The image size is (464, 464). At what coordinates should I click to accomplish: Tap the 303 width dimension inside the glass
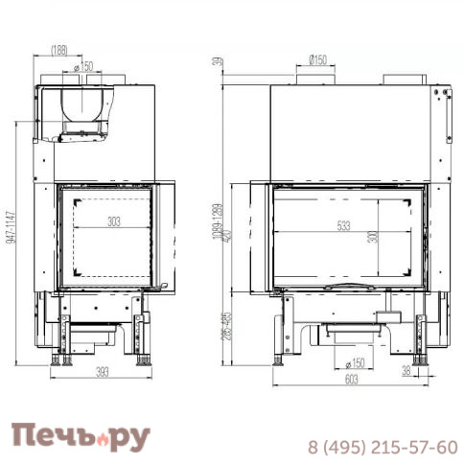[114, 222]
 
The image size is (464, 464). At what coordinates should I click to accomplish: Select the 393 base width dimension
[100, 375]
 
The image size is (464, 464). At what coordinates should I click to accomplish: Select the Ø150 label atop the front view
[317, 60]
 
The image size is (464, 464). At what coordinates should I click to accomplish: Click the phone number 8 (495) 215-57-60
[381, 447]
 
